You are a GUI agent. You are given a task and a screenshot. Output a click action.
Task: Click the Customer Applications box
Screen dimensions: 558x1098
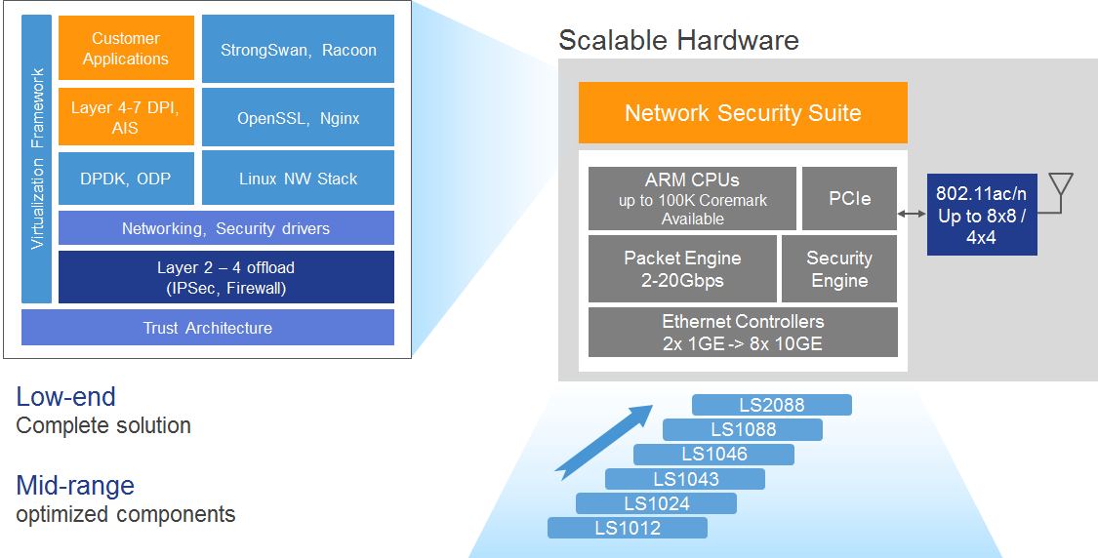coord(126,49)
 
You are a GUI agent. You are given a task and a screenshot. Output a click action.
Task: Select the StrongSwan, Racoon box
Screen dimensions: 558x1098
coord(298,49)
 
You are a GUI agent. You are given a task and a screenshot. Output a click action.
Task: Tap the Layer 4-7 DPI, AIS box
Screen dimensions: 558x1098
coord(126,117)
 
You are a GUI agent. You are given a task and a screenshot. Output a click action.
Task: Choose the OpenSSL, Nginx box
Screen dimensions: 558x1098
coord(298,118)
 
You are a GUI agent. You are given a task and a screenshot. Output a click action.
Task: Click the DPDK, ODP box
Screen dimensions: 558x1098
coord(126,179)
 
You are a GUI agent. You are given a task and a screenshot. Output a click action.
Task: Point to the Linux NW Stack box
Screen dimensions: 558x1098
coord(298,179)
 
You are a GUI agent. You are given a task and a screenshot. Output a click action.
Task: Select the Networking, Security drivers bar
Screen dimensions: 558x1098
coord(225,228)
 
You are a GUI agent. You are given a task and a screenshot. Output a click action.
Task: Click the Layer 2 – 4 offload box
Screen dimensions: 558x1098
coord(225,277)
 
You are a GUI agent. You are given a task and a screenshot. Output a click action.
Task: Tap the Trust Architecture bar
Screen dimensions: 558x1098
coord(207,328)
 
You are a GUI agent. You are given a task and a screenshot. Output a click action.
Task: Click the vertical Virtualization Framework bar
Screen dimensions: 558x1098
coord(37,159)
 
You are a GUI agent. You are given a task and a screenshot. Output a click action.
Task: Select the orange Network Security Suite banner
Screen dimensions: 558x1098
coord(743,113)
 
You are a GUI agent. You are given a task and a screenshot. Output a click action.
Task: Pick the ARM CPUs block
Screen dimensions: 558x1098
coord(692,198)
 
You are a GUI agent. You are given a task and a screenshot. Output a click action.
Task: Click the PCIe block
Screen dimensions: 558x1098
coord(848,198)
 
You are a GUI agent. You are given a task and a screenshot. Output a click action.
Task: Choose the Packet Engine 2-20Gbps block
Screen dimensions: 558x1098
coord(682,268)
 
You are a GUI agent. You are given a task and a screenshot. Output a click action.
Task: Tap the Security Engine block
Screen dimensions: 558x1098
coord(838,268)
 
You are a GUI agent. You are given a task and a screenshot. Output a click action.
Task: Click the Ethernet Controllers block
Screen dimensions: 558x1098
coord(743,332)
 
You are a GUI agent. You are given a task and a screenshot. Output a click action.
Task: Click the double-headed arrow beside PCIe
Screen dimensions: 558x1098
coord(912,214)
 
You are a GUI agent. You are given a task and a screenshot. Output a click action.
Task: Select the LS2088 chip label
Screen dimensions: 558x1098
coord(771,405)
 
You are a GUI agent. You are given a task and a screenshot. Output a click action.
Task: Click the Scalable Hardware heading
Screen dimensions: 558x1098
coord(678,40)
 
